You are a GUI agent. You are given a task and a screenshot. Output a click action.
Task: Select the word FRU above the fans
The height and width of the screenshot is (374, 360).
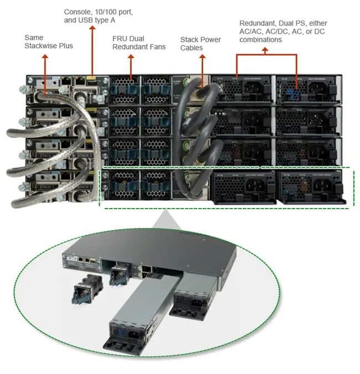[119, 38]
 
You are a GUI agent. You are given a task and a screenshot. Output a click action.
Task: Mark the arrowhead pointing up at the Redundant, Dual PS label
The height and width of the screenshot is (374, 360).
[264, 50]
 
